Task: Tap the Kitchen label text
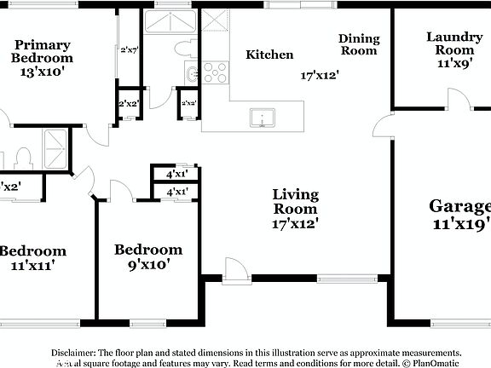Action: (269, 55)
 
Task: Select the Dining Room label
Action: (358, 44)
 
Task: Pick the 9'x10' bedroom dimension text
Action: (148, 264)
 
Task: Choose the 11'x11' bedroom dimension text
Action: (32, 265)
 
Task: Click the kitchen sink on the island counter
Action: (262, 117)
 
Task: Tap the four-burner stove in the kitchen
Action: (215, 72)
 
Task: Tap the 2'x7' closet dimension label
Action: (129, 50)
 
